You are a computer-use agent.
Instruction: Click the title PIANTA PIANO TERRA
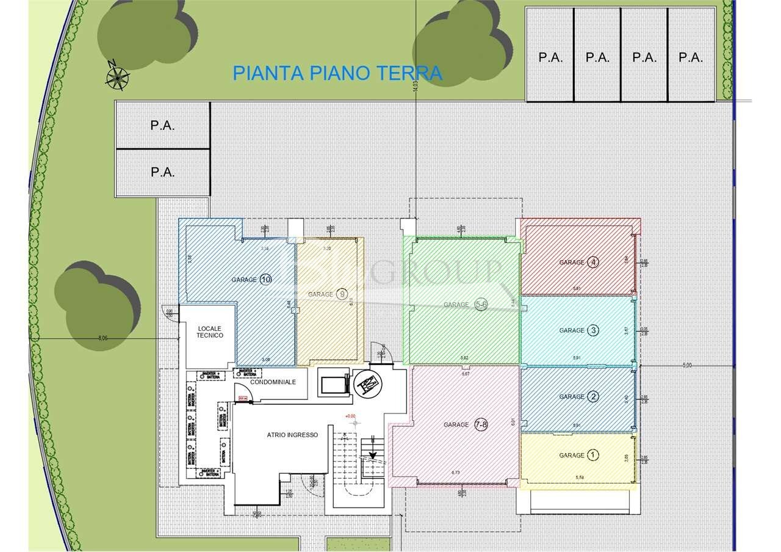pos(337,73)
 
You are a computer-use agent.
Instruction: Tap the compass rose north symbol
pos(117,77)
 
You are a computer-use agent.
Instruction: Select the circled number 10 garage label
pos(265,280)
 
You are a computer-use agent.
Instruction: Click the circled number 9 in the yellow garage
pos(343,294)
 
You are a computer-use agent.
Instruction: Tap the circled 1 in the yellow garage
pos(592,455)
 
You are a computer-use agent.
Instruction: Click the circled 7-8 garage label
pos(481,424)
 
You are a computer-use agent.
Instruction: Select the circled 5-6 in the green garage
pos(481,305)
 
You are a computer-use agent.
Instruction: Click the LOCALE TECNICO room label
pos(210,332)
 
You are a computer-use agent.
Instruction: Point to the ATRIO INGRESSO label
pos(292,435)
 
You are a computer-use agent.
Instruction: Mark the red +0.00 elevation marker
pos(350,416)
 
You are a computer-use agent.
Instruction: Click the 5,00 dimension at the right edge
pos(687,365)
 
